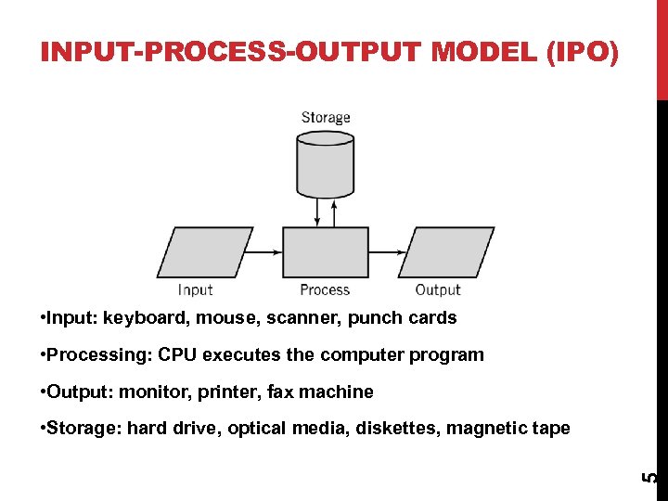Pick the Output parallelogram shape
[445, 251]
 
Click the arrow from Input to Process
[266, 251]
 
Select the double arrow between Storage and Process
[318, 212]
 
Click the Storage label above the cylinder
[326, 118]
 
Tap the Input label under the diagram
[195, 290]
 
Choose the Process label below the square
[325, 290]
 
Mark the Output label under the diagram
[438, 290]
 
